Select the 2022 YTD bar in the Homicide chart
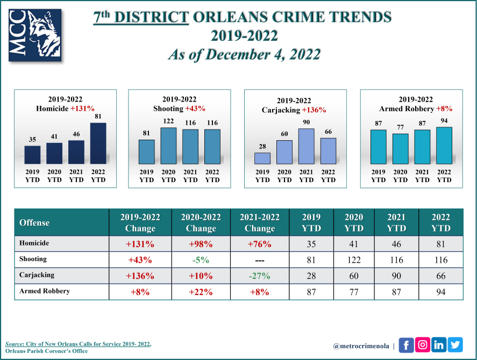coord(98,142)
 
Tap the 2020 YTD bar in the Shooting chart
coord(168,145)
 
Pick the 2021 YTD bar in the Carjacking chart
coord(306,146)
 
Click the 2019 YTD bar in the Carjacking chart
coord(262,158)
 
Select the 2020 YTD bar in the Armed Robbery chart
coord(400,148)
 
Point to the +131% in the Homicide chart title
coord(81,109)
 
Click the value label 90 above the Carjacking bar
coord(306,122)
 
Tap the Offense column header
coord(34,222)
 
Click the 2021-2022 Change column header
coord(260,222)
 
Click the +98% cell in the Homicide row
coord(201,244)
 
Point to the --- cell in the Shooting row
coord(260,260)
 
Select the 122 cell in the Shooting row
coord(354,260)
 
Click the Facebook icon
coord(405,344)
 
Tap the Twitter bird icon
coord(455,344)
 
